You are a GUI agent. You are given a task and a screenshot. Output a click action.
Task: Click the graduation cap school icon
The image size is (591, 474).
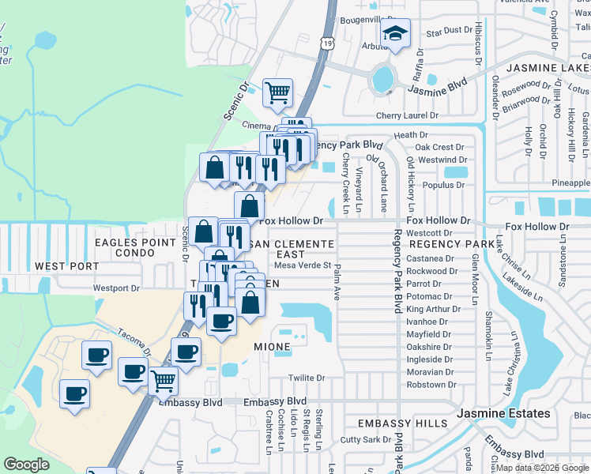pos(395,34)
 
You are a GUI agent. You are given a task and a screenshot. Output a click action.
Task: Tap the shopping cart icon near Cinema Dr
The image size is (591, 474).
pos(277,93)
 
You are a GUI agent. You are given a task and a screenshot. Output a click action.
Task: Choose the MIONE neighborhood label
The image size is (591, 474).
pos(272,346)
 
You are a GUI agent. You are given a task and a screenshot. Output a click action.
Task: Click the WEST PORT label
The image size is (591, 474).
pos(61,266)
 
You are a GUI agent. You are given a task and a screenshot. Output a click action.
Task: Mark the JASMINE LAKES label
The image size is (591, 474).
pos(548,70)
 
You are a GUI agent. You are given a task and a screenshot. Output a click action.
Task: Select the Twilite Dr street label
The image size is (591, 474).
pos(307,378)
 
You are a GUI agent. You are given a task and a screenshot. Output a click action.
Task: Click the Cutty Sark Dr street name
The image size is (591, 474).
pos(365,439)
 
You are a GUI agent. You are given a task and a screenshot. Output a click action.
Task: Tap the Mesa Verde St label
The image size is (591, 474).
pos(302,265)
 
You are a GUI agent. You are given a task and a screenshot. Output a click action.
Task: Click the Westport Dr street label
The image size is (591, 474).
pos(116,288)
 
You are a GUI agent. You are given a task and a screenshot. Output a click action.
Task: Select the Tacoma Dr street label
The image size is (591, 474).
pos(134,344)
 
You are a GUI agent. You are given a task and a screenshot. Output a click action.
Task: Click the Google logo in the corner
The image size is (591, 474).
pos(27,464)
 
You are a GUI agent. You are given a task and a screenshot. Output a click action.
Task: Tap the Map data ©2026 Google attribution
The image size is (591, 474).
pos(542,468)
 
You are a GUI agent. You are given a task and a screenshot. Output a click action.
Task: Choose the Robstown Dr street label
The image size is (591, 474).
pos(431,384)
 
